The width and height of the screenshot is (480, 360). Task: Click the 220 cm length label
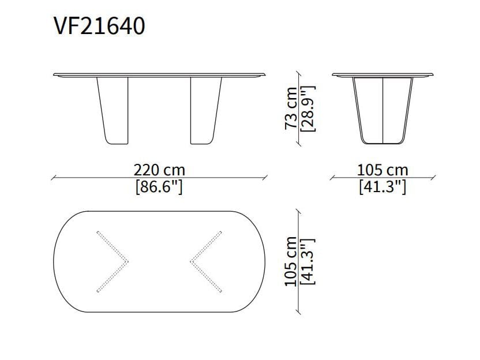pyautogui.click(x=159, y=170)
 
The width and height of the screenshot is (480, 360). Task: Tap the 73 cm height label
pyautogui.click(x=292, y=108)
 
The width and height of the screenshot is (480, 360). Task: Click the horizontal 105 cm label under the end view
pyautogui.click(x=382, y=170)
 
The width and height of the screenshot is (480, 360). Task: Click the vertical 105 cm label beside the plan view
pyautogui.click(x=292, y=261)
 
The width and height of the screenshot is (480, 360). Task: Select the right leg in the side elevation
pyautogui.click(x=205, y=110)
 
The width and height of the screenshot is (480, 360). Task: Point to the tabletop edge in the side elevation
pyautogui.click(x=160, y=75)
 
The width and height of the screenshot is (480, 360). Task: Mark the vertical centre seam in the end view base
pyautogui.click(x=382, y=110)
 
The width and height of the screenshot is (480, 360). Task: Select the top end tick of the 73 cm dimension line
pyautogui.click(x=298, y=73)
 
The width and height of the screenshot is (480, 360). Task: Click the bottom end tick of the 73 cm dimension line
pyautogui.click(x=298, y=144)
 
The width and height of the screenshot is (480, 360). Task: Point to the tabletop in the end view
pyautogui.click(x=382, y=75)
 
